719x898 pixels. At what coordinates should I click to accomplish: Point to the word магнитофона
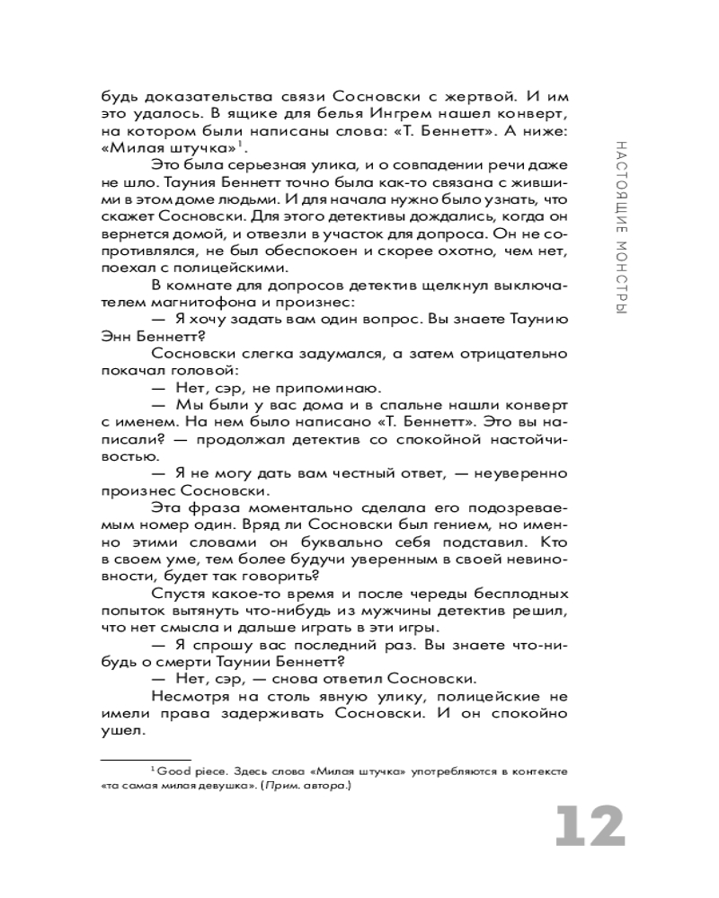[x=189, y=301]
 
